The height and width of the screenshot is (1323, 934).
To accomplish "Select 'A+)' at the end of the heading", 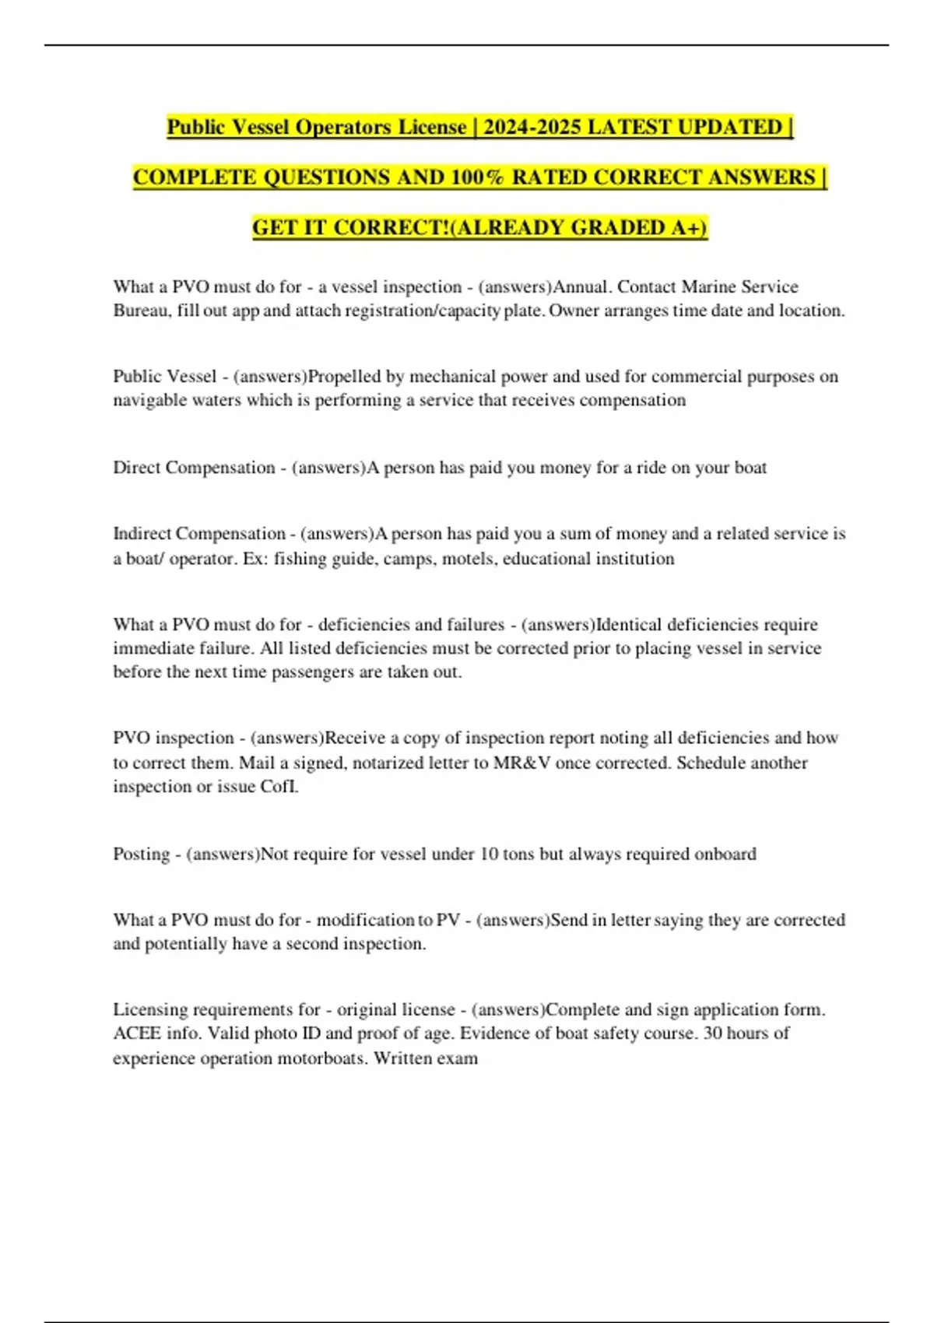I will point(689,227).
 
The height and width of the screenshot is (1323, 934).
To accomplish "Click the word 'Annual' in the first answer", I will point(580,286).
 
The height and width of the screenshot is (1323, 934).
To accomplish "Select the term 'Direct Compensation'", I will point(194,468).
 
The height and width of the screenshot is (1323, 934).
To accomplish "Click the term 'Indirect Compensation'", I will point(199,534).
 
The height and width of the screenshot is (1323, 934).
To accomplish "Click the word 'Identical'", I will point(630,625).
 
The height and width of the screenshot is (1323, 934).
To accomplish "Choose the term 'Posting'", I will point(141,854).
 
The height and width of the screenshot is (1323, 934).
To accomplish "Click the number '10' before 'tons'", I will point(489,854).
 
